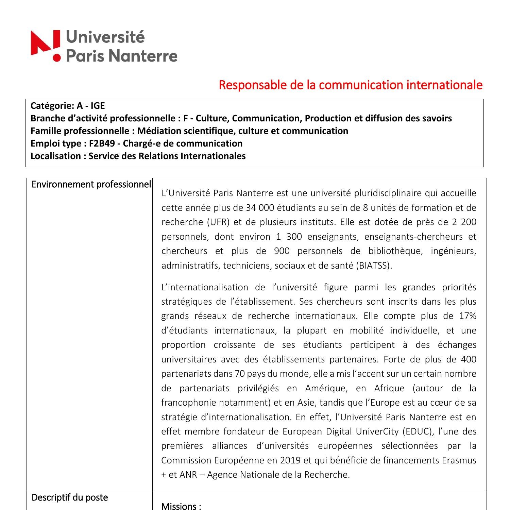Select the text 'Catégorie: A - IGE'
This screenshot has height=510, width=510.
click(x=68, y=106)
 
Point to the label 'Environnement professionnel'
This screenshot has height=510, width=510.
click(x=91, y=185)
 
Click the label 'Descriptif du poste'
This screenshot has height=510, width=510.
click(x=70, y=498)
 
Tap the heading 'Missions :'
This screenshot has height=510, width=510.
click(x=181, y=506)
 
